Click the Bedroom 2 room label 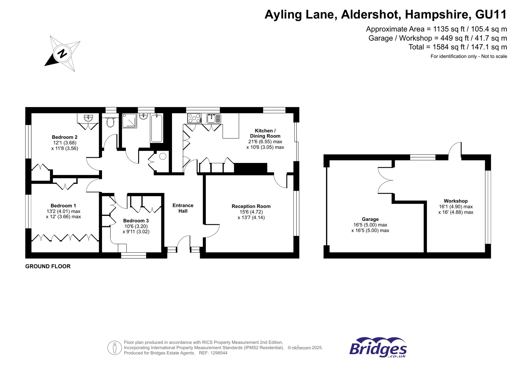coord(65,137)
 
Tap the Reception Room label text coord(251,206)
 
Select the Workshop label coord(456,201)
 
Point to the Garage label coord(370,219)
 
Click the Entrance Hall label coord(183,208)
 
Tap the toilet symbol coord(110,122)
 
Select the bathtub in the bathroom coord(157,128)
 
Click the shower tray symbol coord(129,120)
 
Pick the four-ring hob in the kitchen coord(194,118)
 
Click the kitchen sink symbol coord(214,118)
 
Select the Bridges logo coord(378,347)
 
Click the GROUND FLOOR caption coord(48,266)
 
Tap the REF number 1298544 coord(219,353)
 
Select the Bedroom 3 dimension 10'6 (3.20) coord(136,226)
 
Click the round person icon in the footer coord(115,348)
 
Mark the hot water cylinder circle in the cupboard coord(163,157)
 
